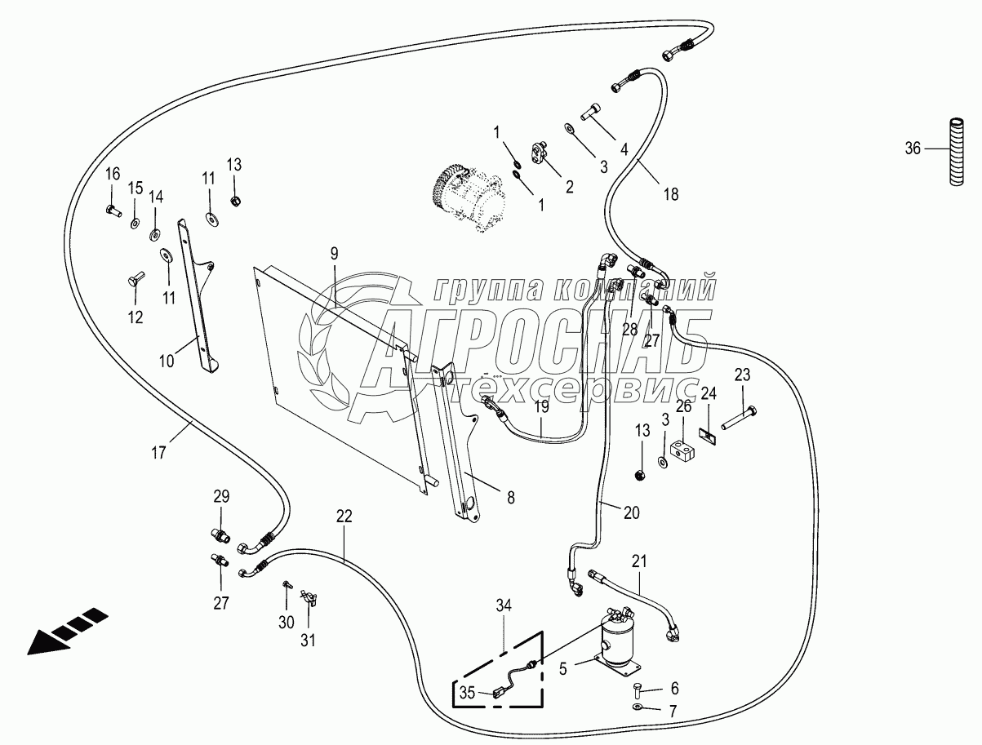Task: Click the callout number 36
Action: coord(913,149)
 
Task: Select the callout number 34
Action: coord(504,605)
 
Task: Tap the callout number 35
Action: coord(466,694)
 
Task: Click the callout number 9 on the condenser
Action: coord(333,254)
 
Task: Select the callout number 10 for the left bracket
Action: coord(167,360)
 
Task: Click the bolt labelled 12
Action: coord(135,282)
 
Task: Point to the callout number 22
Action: coord(344,516)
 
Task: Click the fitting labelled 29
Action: coord(218,535)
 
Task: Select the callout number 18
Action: coord(670,194)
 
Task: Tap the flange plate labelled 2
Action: coord(538,151)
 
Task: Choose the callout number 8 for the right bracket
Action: coord(511,497)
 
